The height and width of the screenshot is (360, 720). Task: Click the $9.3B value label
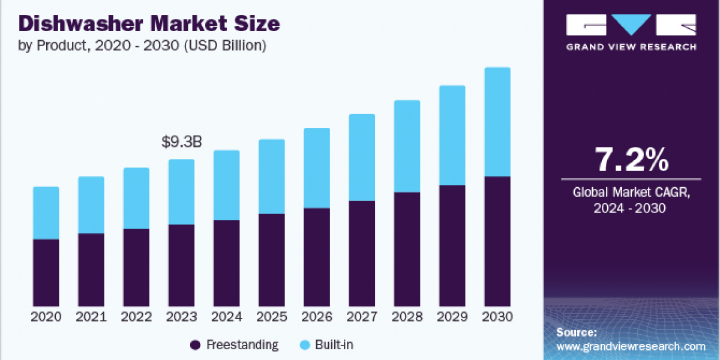pyautogui.click(x=181, y=142)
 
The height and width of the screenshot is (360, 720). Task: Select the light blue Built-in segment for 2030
pyautogui.click(x=497, y=122)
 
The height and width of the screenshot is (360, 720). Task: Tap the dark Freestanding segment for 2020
pyautogui.click(x=46, y=272)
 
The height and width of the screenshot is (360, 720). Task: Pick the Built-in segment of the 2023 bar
pyautogui.click(x=181, y=192)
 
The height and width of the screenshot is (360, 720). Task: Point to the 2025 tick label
pyautogui.click(x=272, y=317)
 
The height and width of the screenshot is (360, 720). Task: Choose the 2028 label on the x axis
pyautogui.click(x=407, y=317)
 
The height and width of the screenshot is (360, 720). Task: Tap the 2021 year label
pyautogui.click(x=91, y=317)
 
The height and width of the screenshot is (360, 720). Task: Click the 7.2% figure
pyautogui.click(x=631, y=160)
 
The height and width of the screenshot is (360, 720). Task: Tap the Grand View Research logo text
pyautogui.click(x=631, y=47)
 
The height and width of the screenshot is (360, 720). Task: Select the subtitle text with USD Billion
pyautogui.click(x=143, y=46)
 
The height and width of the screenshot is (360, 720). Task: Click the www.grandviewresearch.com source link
pyautogui.click(x=631, y=346)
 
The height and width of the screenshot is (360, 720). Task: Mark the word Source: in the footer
pyautogui.click(x=576, y=332)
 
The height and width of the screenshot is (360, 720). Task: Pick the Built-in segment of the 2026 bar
pyautogui.click(x=317, y=168)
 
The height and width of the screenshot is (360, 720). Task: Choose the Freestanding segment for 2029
pyautogui.click(x=452, y=245)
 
